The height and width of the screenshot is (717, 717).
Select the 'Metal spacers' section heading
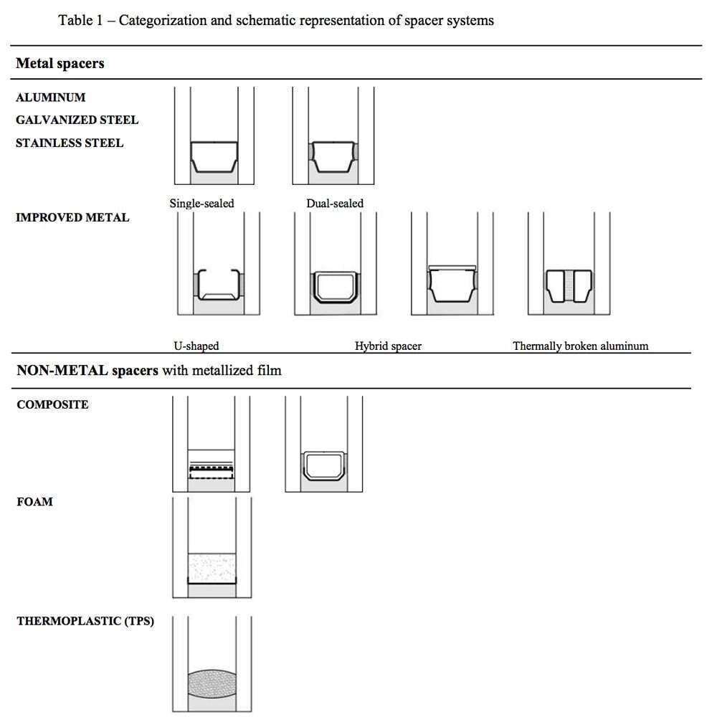[60, 63]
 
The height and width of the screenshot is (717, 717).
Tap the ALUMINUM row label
[50, 98]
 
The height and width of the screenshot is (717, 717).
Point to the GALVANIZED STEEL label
[77, 120]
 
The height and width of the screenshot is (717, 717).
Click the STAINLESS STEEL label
[70, 143]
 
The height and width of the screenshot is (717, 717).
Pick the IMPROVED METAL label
[72, 218]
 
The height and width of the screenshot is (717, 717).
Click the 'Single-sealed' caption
[201, 204]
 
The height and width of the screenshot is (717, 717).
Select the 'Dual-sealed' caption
[335, 204]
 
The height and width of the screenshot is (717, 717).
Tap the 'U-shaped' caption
[196, 346]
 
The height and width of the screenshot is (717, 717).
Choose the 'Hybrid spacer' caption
[388, 346]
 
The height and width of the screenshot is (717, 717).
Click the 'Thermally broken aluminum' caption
[580, 346]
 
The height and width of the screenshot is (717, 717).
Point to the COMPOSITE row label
[52, 404]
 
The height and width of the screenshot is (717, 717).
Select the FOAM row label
[34, 502]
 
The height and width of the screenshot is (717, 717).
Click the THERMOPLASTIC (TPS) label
[85, 621]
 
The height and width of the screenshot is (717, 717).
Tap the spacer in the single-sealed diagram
[214, 156]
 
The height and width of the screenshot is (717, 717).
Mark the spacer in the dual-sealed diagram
[333, 156]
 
